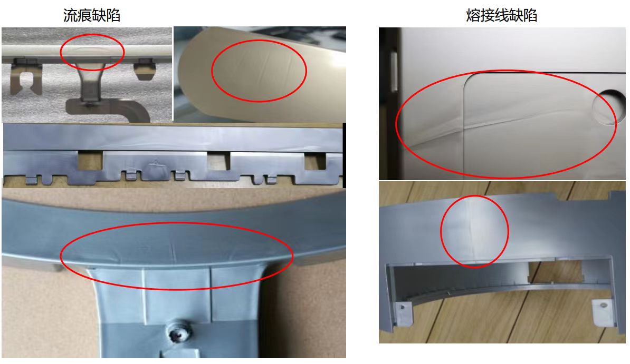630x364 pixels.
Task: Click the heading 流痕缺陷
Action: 92,15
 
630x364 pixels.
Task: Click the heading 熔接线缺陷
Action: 501,15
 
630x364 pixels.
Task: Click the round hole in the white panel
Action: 609,106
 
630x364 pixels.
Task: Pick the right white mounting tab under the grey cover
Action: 603,311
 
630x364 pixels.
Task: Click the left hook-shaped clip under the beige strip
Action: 26,77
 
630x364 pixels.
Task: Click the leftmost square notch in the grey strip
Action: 90,161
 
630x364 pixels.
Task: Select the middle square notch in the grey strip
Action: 218,161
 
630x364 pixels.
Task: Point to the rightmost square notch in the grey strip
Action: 316,161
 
